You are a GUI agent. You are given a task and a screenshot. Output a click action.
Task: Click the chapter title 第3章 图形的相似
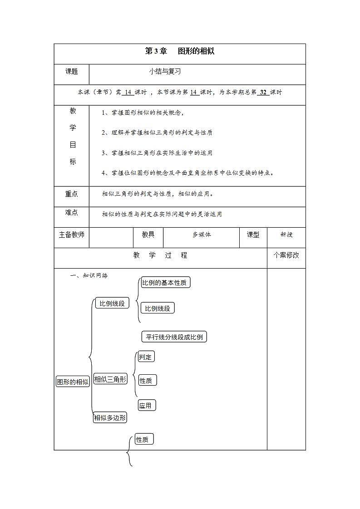(x=179, y=51)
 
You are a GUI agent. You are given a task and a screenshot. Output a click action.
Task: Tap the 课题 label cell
(x=71, y=72)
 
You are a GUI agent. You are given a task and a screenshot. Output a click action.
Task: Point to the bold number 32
(x=263, y=92)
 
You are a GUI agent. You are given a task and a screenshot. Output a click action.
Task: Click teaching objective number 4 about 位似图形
(x=188, y=172)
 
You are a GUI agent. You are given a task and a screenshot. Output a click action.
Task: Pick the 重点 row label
(x=71, y=194)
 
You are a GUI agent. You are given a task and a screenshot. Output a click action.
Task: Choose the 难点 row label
(x=71, y=212)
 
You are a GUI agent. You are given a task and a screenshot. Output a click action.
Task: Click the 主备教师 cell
(x=71, y=235)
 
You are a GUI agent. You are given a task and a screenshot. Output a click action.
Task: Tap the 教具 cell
(x=148, y=235)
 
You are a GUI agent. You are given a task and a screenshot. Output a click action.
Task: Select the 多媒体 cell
(x=202, y=235)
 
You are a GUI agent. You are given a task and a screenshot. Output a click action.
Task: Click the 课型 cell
(x=253, y=235)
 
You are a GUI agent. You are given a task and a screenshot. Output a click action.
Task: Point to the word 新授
(x=286, y=235)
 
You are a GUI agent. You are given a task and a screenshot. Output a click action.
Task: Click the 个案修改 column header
(x=286, y=255)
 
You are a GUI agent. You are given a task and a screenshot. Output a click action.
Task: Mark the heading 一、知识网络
(x=89, y=275)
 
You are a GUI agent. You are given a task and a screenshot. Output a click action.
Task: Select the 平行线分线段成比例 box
(x=174, y=337)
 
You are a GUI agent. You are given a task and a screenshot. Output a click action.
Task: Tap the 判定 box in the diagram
(x=146, y=357)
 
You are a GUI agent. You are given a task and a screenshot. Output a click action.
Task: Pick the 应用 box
(x=147, y=405)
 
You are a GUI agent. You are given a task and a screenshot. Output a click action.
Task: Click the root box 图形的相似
(x=73, y=382)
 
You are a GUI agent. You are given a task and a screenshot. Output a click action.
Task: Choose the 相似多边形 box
(x=110, y=418)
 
